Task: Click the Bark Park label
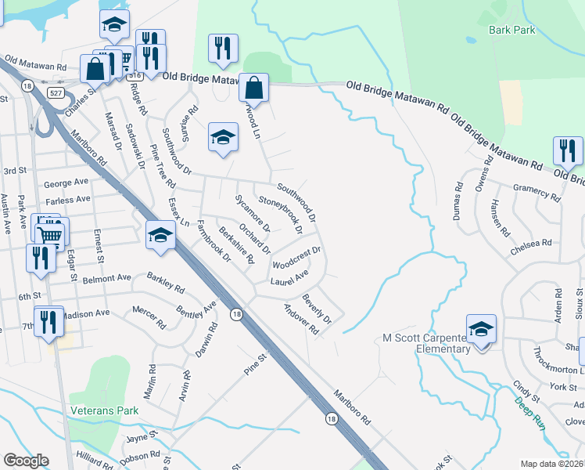pos(512,30)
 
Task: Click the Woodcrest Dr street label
pos(296,258)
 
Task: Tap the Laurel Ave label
pos(289,277)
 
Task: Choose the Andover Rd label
pos(301,320)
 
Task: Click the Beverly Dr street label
pos(318,309)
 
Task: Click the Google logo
pos(26,461)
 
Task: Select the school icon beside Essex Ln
pos(160,234)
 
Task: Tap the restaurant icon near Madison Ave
pos(49,321)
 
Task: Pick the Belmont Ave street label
pos(108,278)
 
